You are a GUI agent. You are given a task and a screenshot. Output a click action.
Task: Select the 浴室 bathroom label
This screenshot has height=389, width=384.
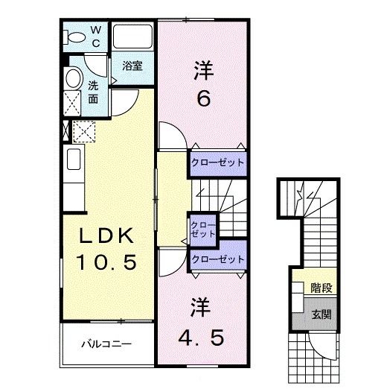click(133, 65)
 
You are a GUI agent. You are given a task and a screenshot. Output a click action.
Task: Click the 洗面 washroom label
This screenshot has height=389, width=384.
click(94, 91)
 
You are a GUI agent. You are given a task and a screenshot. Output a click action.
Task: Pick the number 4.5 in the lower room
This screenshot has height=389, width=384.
click(200, 337)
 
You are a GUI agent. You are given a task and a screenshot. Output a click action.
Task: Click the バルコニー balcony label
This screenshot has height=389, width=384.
click(106, 344)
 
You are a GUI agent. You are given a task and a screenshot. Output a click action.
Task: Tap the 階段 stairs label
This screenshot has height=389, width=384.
click(321, 287)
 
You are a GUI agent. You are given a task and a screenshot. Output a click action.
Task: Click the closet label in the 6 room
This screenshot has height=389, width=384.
click(217, 162)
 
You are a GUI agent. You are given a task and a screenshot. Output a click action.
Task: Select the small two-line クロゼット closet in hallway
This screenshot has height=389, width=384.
click(202, 229)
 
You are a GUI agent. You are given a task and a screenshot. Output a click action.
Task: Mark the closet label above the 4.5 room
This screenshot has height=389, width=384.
click(217, 259)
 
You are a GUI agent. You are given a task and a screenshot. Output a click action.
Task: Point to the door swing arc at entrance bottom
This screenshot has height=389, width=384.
click(321, 347)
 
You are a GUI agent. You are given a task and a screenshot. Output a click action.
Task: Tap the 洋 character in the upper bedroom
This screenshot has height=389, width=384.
click(203, 72)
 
